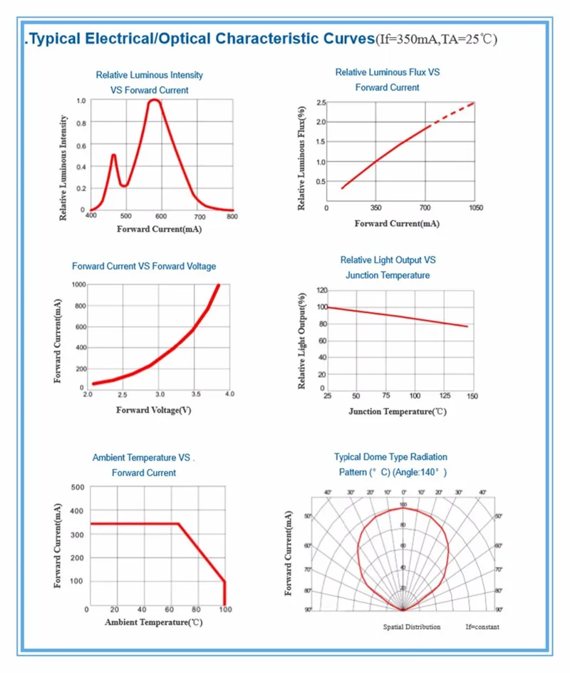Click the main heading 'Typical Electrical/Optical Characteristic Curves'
pos(199,38)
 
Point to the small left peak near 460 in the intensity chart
pos(113,155)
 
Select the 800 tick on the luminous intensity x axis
pos(232,216)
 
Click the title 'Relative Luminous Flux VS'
pos(388,72)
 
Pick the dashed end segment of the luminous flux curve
pos(453,113)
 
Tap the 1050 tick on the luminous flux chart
pos(475,208)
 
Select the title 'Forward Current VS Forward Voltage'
pos(144,266)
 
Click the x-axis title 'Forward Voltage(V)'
pos(153,410)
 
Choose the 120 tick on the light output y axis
pos(321,291)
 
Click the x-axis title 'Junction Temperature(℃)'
pos(397,411)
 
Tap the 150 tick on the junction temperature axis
pos(472,396)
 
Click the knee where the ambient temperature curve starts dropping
pos(178,524)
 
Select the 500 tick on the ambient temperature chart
pos(78,487)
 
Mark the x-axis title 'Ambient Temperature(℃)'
pos(154,622)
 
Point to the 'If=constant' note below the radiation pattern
pos(482,627)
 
